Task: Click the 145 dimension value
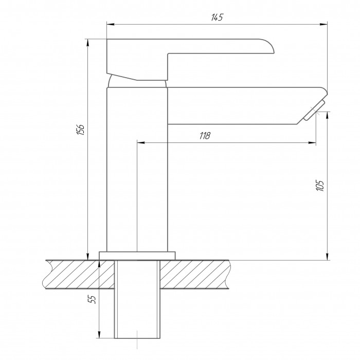pyautogui.click(x=217, y=17)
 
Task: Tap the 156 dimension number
pyautogui.click(x=81, y=130)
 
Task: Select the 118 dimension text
pyautogui.click(x=205, y=136)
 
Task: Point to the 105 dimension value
pyautogui.click(x=320, y=186)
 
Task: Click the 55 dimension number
pyautogui.click(x=92, y=299)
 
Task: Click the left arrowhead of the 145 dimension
pyautogui.click(x=111, y=24)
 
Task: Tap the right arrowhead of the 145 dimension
pyautogui.click(x=323, y=24)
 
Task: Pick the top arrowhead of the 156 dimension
pyautogui.click(x=87, y=43)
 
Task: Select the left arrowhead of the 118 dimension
pyautogui.click(x=141, y=143)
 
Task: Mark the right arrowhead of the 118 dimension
pyautogui.click(x=312, y=143)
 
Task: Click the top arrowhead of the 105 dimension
pyautogui.click(x=328, y=116)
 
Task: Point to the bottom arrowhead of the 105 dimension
pyautogui.click(x=328, y=257)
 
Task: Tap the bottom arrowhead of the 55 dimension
pyautogui.click(x=99, y=334)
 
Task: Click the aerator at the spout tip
pyautogui.click(x=314, y=110)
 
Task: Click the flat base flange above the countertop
pyautogui.click(x=137, y=256)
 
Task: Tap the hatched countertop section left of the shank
pyautogui.click(x=79, y=274)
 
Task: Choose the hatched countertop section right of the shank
pyautogui.click(x=195, y=274)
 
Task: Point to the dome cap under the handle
pyautogui.click(x=137, y=81)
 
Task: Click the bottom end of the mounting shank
pyautogui.click(x=137, y=338)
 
